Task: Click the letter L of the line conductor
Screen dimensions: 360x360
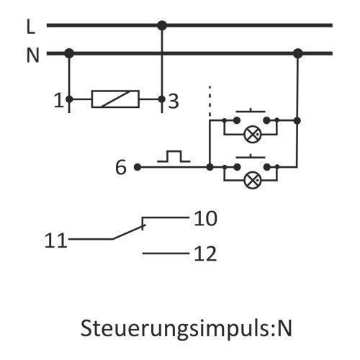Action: point(31,27)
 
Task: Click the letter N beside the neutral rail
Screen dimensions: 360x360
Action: point(33,55)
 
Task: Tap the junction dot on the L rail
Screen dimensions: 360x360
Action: point(162,25)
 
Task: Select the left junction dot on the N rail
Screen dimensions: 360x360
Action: point(69,53)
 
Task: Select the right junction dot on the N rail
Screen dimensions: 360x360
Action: point(298,53)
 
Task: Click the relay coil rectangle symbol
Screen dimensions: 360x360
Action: point(115,99)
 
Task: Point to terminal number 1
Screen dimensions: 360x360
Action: point(58,100)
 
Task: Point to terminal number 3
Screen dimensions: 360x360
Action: point(174,101)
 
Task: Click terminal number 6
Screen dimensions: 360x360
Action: point(120,167)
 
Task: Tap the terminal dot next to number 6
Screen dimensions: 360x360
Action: point(138,167)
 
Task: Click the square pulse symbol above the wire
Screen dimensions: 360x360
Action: point(174,156)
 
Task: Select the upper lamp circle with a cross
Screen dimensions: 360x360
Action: point(253,135)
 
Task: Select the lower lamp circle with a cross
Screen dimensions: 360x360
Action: point(253,180)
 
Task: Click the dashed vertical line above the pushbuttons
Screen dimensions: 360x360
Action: point(210,101)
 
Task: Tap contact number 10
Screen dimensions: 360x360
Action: point(205,218)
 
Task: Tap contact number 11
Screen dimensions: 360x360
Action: point(55,240)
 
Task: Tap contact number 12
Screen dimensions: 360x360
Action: point(205,253)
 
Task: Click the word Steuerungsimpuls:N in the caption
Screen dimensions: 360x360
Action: point(186,328)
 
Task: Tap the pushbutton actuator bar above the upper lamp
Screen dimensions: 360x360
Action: point(251,111)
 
